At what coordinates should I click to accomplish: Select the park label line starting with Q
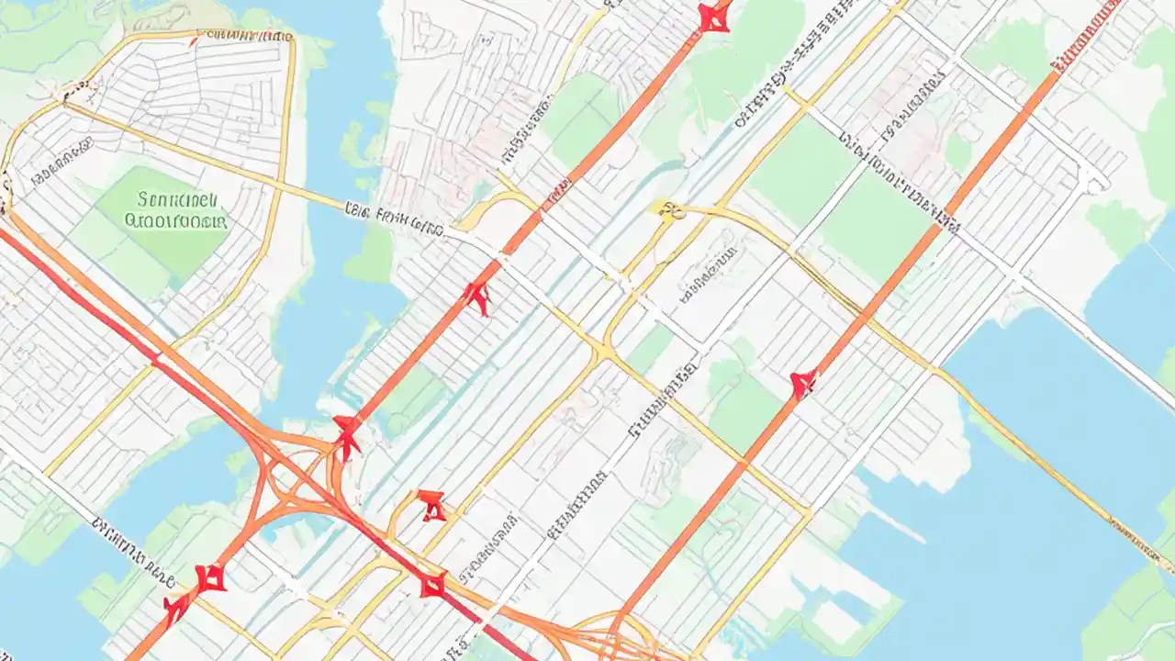(x=174, y=221)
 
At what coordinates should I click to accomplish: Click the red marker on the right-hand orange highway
(x=803, y=384)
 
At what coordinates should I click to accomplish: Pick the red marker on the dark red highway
(x=432, y=584)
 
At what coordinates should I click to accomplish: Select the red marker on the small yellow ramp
(x=431, y=504)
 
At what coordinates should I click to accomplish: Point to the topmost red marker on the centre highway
(x=713, y=16)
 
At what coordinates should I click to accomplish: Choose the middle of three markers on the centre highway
(x=476, y=297)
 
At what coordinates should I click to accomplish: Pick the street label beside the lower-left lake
(x=133, y=551)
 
